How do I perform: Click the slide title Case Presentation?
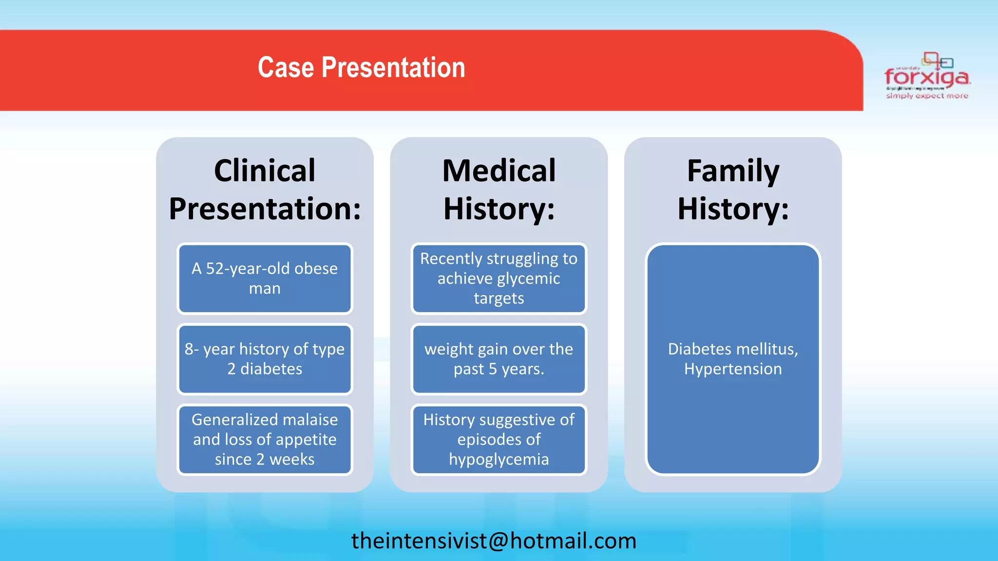click(x=361, y=68)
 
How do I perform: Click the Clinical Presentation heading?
click(x=265, y=189)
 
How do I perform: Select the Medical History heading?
click(x=499, y=189)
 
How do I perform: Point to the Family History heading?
click(x=732, y=189)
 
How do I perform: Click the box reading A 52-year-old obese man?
click(x=265, y=279)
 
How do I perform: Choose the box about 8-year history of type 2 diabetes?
click(x=265, y=359)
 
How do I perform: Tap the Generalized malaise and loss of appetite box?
click(x=265, y=439)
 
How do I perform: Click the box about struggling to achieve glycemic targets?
click(x=499, y=279)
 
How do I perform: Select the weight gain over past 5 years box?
click(x=499, y=359)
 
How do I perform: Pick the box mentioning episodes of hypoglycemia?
click(x=499, y=439)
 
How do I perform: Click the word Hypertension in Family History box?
click(x=732, y=369)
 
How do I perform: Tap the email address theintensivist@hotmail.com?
click(x=494, y=541)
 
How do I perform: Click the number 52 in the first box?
click(x=215, y=268)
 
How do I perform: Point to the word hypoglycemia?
click(x=499, y=459)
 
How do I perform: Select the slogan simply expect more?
click(x=927, y=96)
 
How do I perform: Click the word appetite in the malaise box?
click(x=306, y=440)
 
